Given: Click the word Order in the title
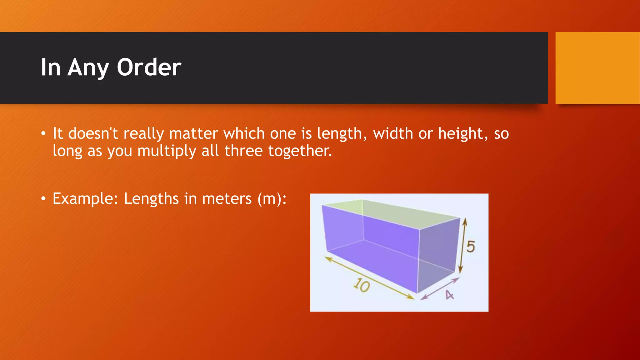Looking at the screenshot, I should [149, 67].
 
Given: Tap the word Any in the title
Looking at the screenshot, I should [88, 68].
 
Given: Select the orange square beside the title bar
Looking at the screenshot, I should [597, 68].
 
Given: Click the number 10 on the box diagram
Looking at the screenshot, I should [362, 285].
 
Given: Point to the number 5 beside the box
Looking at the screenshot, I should [471, 247].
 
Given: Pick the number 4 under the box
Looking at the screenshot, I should [449, 295].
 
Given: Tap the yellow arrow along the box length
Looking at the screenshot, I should [369, 278].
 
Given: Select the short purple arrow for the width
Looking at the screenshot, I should [440, 288].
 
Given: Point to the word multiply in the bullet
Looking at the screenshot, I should [167, 151].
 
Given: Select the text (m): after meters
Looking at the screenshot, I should [272, 199].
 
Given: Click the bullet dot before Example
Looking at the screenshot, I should [43, 198].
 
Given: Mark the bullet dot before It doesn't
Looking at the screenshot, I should [43, 134].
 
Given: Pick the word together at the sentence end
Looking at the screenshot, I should [300, 151].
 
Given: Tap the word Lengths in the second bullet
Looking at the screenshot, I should [151, 199].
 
